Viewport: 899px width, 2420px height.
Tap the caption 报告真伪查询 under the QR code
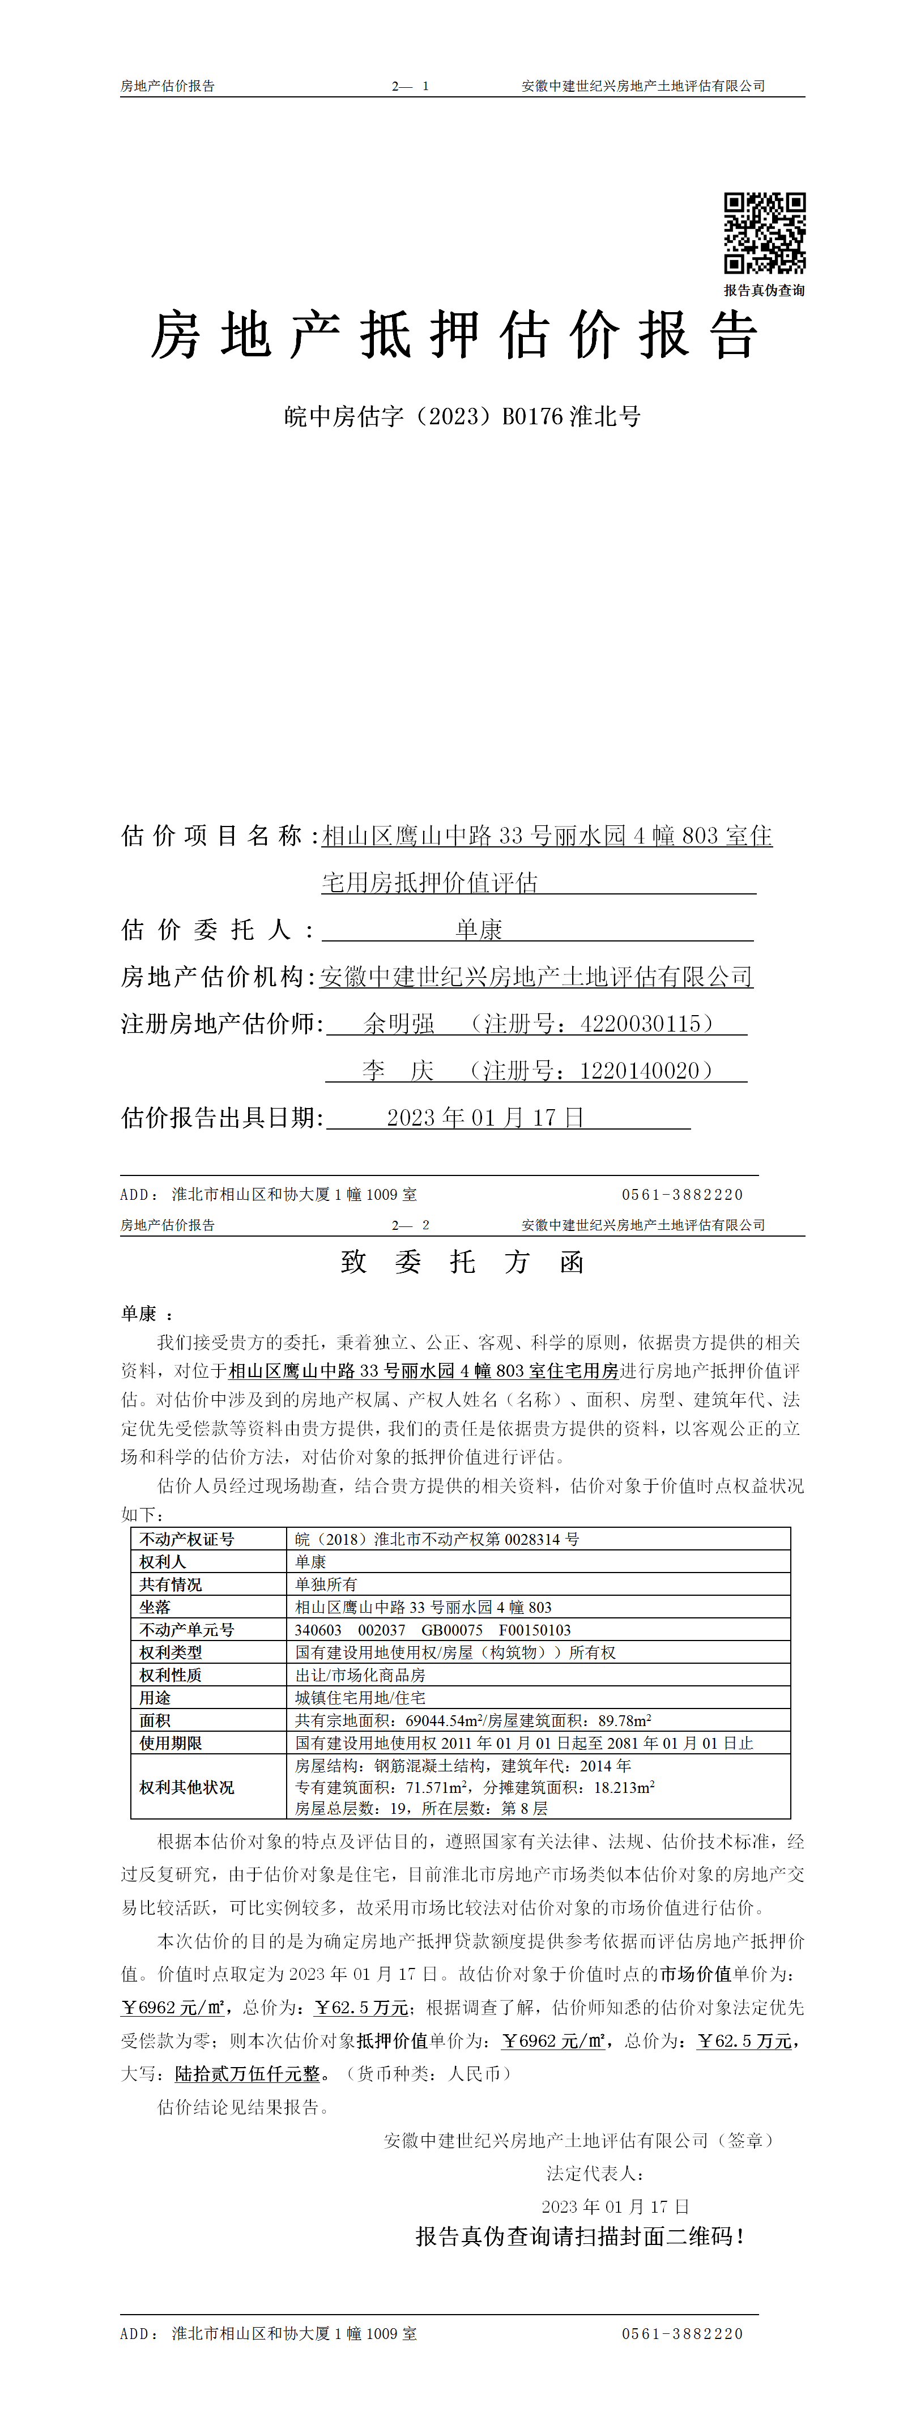764,290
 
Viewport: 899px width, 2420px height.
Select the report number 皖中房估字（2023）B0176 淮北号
462,416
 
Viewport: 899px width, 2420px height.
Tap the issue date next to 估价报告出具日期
485,1117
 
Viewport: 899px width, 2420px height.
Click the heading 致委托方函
462,1262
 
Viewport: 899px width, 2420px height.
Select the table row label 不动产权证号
187,1539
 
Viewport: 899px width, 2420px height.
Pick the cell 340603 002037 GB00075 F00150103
432,1630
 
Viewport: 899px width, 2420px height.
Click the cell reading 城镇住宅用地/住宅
360,1698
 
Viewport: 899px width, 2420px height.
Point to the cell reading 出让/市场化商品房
360,1675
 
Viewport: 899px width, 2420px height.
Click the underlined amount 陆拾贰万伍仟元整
248,2073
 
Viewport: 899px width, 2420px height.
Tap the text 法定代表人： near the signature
595,2173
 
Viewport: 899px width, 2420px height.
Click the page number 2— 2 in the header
411,1225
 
